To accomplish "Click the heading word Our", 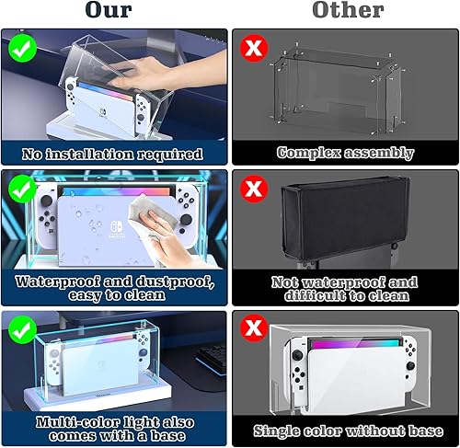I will pos(113,12).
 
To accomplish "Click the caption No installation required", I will pos(115,153).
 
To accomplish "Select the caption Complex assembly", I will pos(345,153).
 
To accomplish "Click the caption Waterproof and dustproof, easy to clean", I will pos(115,288).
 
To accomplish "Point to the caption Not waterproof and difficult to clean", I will pos(345,288).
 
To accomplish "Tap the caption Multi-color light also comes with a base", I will pos(115,428).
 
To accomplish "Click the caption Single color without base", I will pos(345,429).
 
